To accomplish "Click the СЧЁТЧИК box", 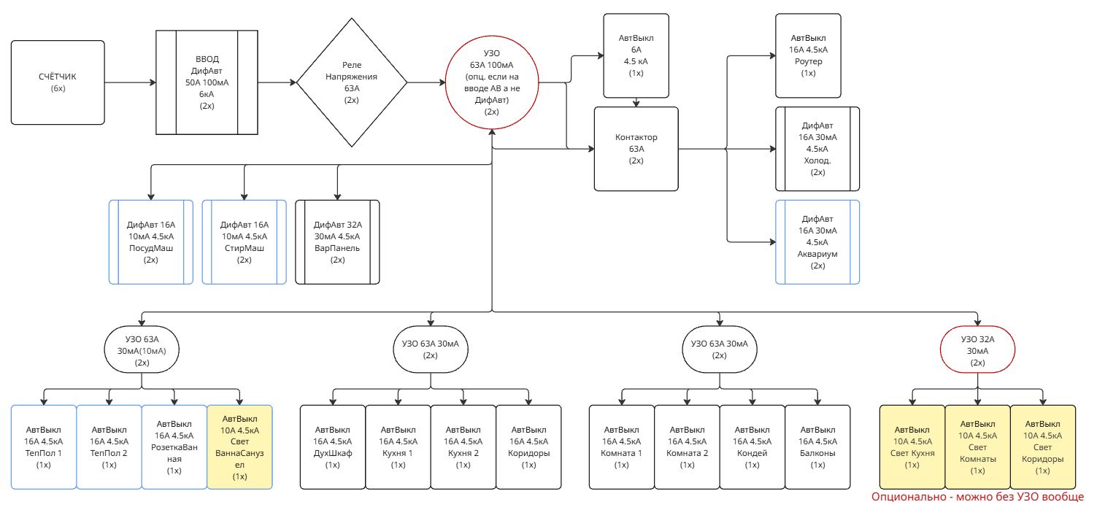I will [58, 82].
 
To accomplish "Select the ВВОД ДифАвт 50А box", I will [207, 82].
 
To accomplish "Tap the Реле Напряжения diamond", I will [352, 82].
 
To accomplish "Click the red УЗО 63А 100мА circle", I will [491, 82].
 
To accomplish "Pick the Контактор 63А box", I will [636, 148].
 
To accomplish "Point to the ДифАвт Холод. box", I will [817, 149].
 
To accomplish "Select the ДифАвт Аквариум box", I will [817, 241].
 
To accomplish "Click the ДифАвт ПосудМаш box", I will [151, 241].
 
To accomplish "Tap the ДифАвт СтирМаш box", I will [244, 241].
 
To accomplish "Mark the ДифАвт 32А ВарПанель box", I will [337, 241].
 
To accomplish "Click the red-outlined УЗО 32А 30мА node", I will [978, 350].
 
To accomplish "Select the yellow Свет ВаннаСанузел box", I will [239, 447].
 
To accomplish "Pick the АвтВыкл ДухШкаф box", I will [333, 447].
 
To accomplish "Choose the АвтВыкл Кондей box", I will [752, 447].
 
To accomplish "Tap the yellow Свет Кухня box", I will [912, 447].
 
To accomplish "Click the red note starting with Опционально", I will [977, 497].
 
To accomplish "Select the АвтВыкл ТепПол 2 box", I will [109, 447].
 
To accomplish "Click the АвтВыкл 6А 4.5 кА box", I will [635, 55].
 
